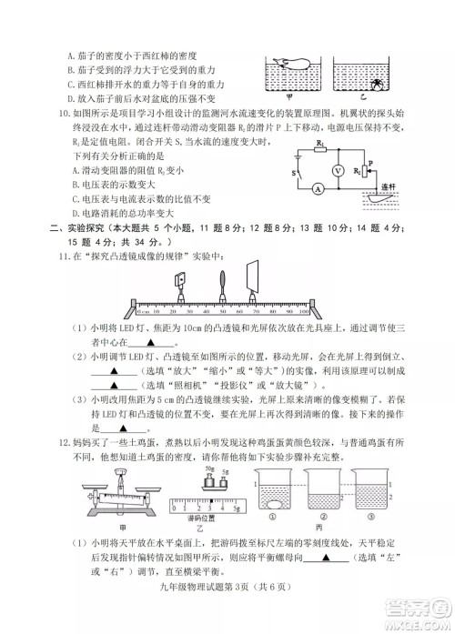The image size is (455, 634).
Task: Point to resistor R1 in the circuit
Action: (x=320, y=149)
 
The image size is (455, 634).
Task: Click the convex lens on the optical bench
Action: (x=222, y=283)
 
